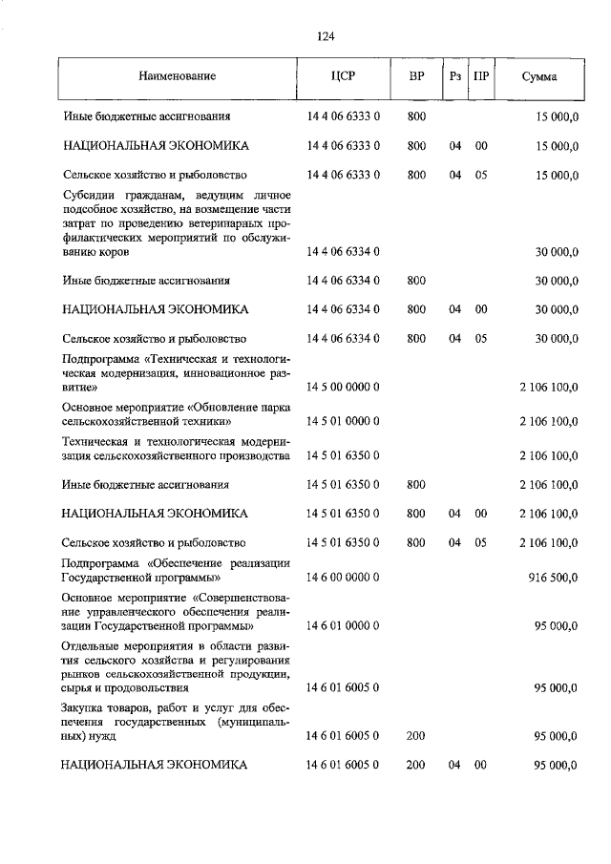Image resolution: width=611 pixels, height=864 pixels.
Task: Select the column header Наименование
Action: [177, 75]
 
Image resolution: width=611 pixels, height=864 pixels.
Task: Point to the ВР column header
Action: [416, 75]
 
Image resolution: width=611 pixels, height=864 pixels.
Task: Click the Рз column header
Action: [454, 75]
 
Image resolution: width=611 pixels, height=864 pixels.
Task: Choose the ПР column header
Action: [481, 75]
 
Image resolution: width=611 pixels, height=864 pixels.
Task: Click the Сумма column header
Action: [539, 75]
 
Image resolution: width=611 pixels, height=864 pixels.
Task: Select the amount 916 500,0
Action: [553, 578]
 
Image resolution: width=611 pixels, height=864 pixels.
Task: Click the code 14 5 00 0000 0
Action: [344, 387]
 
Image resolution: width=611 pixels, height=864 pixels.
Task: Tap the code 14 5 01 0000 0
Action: [344, 421]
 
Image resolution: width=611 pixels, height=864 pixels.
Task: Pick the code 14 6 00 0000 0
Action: [344, 578]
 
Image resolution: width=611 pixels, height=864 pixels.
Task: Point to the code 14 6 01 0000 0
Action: [344, 626]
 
